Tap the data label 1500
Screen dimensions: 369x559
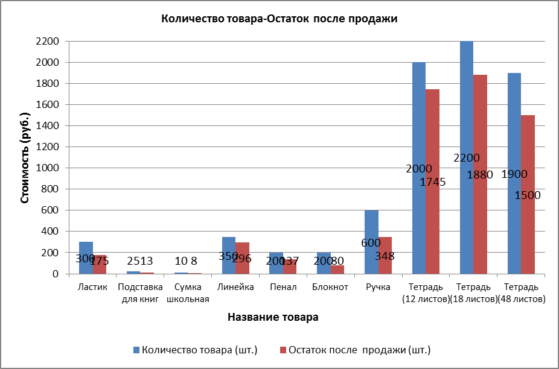click(x=528, y=195)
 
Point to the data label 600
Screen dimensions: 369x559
click(x=371, y=243)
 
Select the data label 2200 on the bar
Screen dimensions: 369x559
click(x=467, y=158)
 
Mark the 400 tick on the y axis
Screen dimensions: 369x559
click(x=51, y=232)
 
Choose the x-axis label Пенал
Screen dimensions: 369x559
click(x=283, y=287)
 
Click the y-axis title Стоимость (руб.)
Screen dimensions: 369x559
click(x=25, y=157)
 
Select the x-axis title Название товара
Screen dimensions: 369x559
click(x=273, y=317)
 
